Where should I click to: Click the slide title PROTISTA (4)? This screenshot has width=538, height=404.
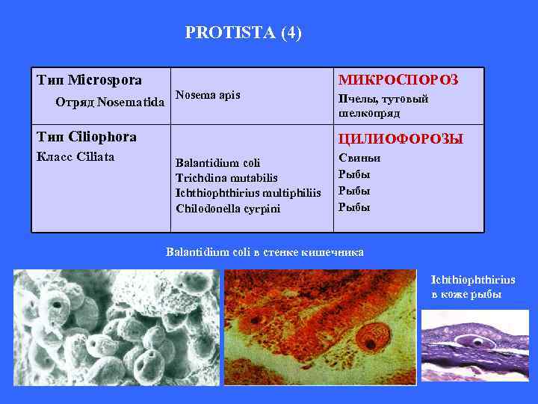pyautogui.click(x=243, y=33)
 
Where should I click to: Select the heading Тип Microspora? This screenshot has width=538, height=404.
pyautogui.click(x=90, y=79)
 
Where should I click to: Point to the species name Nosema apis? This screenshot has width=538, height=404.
pyautogui.click(x=207, y=94)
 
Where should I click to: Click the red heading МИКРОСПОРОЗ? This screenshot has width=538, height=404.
pyautogui.click(x=398, y=80)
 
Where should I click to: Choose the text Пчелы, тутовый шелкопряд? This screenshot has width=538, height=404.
pyautogui.click(x=383, y=105)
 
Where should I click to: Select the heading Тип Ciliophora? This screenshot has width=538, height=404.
pyautogui.click(x=87, y=137)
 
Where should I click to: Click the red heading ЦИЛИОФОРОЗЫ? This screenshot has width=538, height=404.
pyautogui.click(x=401, y=139)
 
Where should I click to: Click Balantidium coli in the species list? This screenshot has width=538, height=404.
pyautogui.click(x=212, y=162)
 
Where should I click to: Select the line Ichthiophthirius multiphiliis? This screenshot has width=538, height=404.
pyautogui.click(x=247, y=192)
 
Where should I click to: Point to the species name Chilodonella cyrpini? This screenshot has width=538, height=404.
pyautogui.click(x=227, y=208)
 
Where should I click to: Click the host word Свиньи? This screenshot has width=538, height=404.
pyautogui.click(x=359, y=159)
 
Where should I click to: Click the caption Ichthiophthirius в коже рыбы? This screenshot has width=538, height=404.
pyautogui.click(x=472, y=287)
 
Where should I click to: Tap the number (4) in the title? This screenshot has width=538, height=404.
pyautogui.click(x=291, y=33)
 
